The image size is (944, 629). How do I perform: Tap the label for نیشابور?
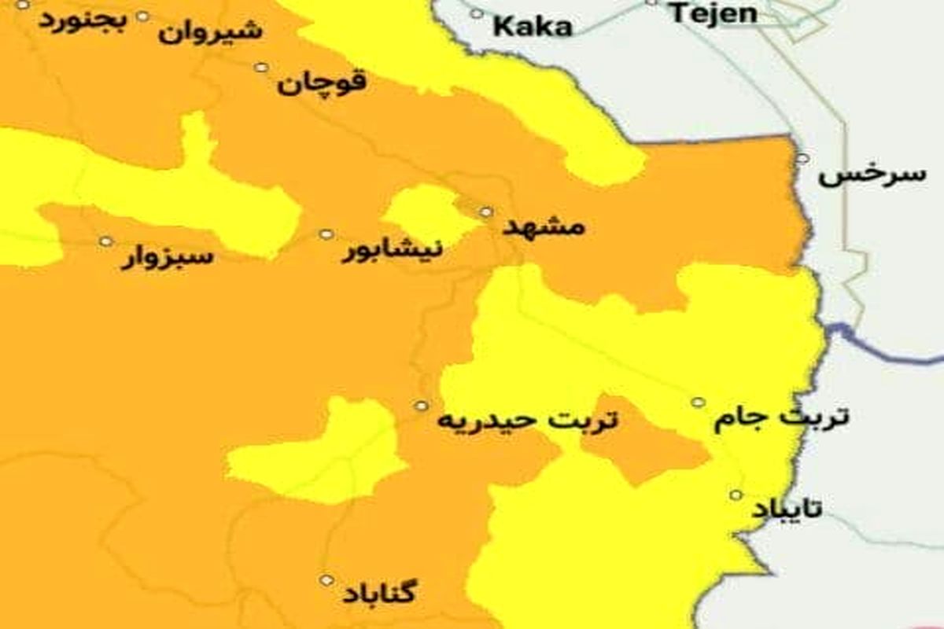(391, 251)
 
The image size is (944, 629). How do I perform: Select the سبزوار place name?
(167, 257)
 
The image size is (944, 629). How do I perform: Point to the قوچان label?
(321, 83)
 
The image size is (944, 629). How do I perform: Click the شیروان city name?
(210, 32)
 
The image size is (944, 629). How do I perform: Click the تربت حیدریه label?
(528, 421)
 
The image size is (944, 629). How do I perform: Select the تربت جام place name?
(781, 418)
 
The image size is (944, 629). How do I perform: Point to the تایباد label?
(786, 509)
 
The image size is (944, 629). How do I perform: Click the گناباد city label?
(380, 593)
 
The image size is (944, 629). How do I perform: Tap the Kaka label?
(532, 27)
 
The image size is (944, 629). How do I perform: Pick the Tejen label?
(714, 13)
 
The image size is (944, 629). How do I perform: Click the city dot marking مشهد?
(486, 212)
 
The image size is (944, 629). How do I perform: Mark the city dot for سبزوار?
(105, 241)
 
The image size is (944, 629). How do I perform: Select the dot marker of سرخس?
(802, 158)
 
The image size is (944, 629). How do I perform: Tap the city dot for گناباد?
(326, 580)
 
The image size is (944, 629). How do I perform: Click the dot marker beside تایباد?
(736, 495)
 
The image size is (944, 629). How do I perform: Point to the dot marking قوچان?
(260, 67)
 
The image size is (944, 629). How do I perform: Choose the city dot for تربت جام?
(698, 403)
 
